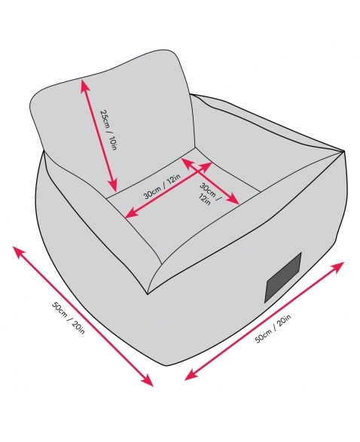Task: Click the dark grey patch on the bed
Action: tap(284, 277)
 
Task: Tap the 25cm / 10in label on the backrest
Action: tap(108, 130)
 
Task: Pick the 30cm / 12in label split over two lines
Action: tap(210, 194)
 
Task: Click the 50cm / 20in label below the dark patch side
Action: tap(273, 328)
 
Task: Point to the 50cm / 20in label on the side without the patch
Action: tap(68, 318)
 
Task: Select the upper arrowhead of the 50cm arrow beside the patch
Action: tap(337, 267)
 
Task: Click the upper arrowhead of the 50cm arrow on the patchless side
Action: tap(19, 251)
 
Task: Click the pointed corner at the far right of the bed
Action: tap(344, 151)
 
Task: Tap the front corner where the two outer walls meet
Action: tap(148, 294)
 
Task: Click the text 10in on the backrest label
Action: tap(111, 142)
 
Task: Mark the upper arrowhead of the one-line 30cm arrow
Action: tap(206, 166)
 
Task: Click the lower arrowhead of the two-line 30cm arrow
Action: tap(233, 200)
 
